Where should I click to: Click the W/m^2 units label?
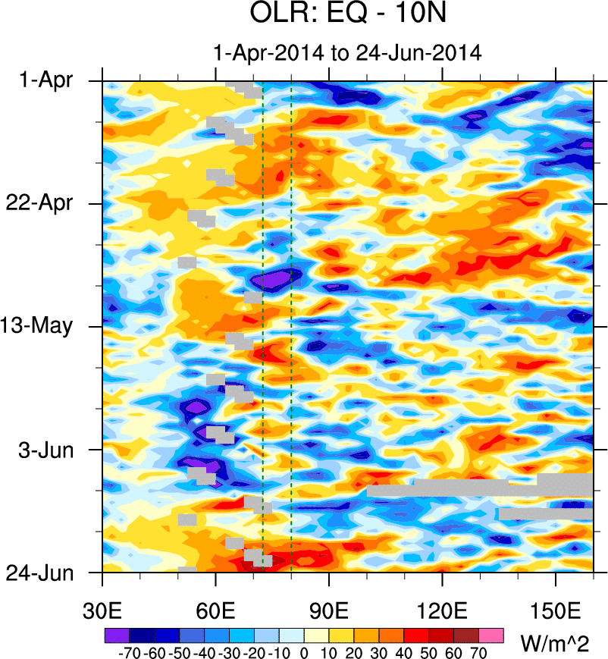pyautogui.click(x=556, y=643)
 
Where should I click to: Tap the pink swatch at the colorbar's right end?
pyautogui.click(x=492, y=633)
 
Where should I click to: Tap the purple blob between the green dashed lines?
pyautogui.click(x=273, y=280)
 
